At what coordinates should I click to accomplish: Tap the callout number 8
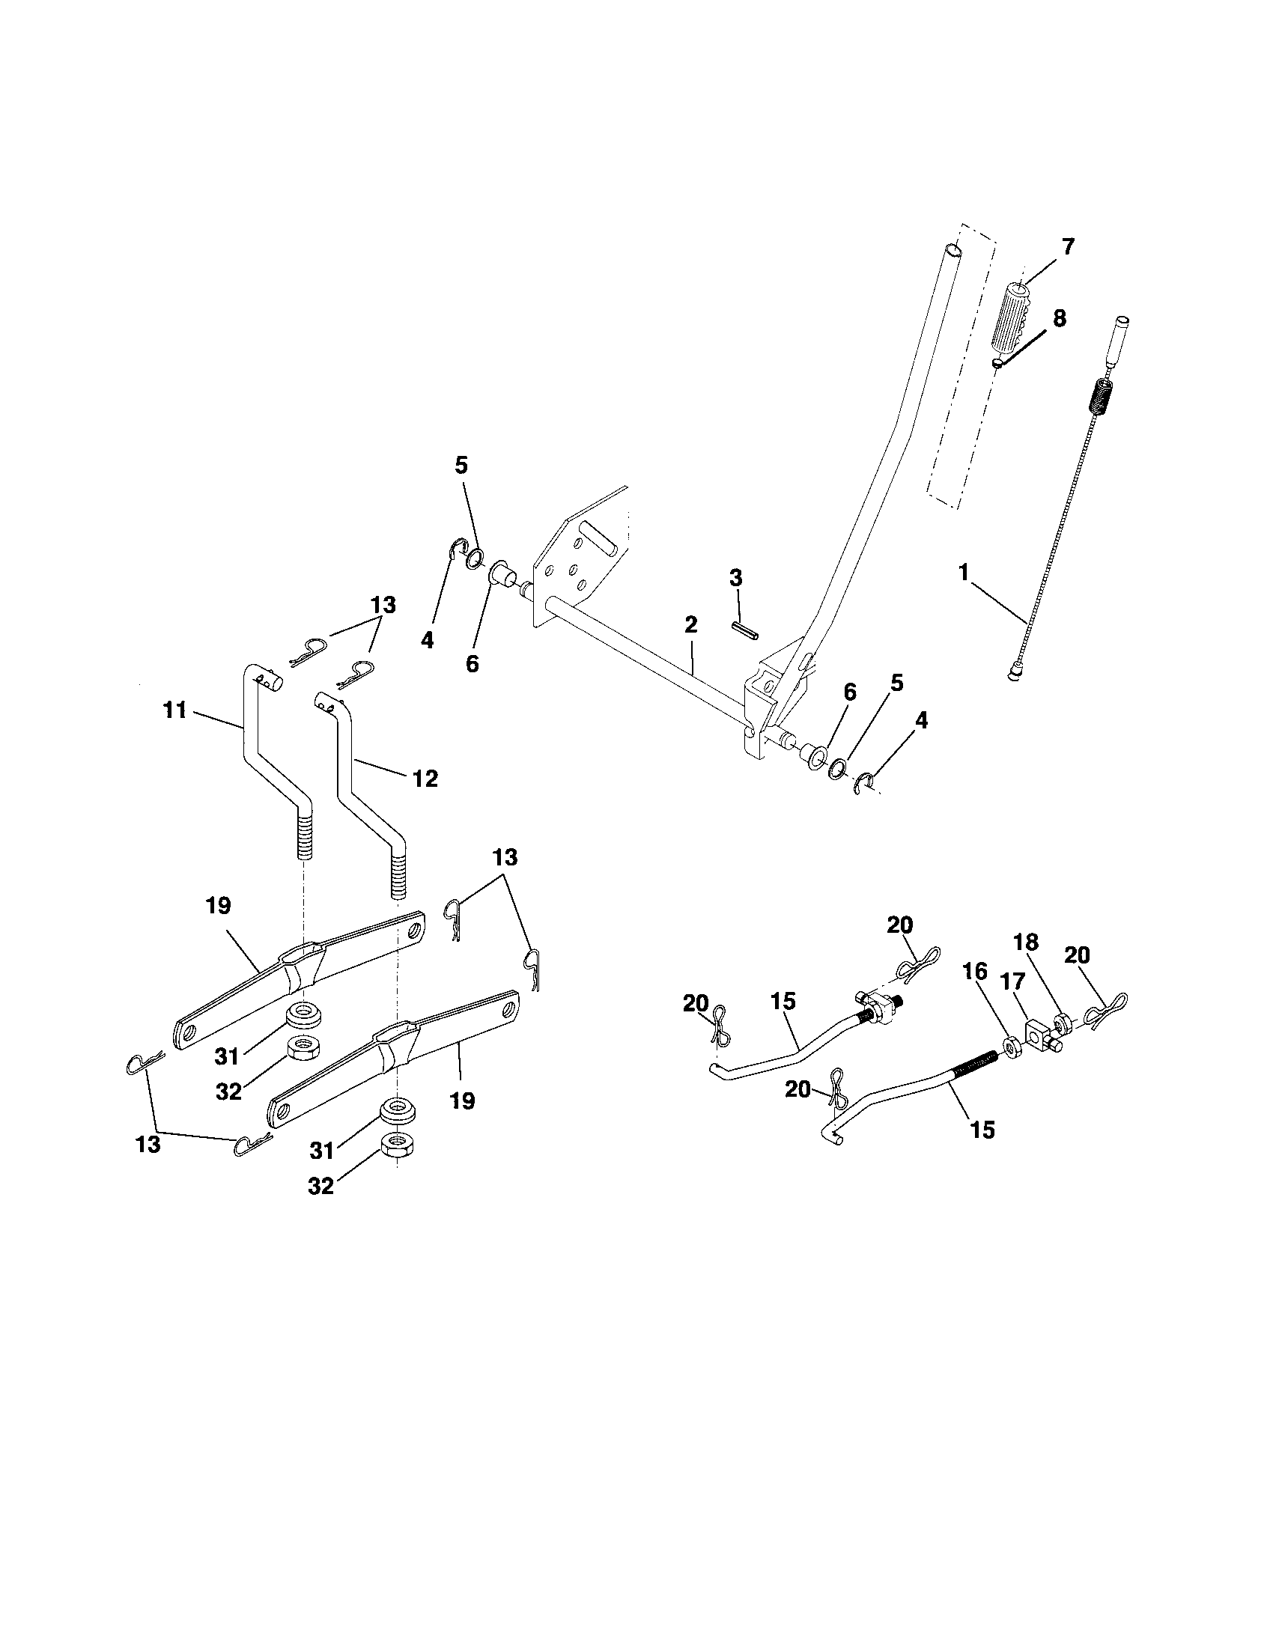[x=1059, y=318]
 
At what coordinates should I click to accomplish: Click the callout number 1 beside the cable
[x=963, y=573]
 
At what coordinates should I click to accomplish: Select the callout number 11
[x=175, y=710]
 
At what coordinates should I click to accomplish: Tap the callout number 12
[x=425, y=779]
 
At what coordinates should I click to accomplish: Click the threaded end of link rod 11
[x=305, y=835]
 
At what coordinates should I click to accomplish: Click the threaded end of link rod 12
[x=398, y=874]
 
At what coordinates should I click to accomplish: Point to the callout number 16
[x=975, y=972]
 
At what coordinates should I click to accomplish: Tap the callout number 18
[x=1027, y=942]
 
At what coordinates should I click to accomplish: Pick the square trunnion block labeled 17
[x=1037, y=1030]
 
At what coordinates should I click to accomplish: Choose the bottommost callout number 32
[x=320, y=1187]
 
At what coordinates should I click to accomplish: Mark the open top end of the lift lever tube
[x=953, y=248]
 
